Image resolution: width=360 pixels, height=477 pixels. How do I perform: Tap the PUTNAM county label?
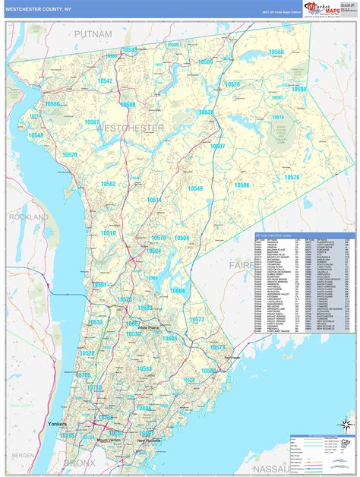pos(93,35)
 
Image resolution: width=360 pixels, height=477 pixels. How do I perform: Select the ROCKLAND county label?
pos(28,217)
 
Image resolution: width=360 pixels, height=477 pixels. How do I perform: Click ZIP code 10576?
pos(292,177)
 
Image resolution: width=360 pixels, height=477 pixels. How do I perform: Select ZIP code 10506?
pos(242,185)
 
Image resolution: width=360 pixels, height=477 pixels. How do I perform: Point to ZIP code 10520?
pos(70,155)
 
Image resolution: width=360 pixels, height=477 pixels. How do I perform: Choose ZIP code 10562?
pos(108,184)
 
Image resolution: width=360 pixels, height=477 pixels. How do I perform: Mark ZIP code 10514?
pos(154,200)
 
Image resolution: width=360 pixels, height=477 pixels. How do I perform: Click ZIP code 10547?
pos(104,81)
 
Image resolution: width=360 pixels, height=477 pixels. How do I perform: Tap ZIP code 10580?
pos(208,370)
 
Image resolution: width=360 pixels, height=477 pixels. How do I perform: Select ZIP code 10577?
pos(197,320)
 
